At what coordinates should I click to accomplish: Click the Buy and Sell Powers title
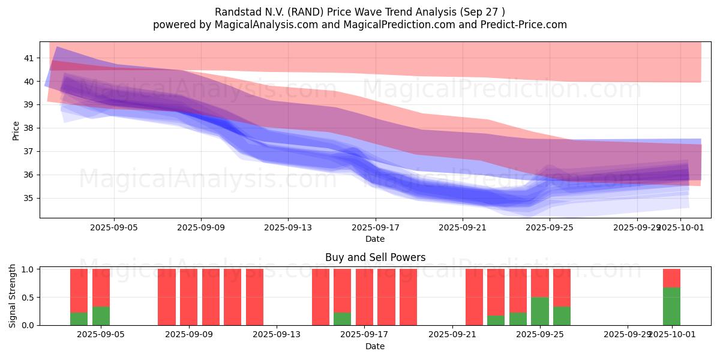375,257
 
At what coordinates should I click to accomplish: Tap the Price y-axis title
16,130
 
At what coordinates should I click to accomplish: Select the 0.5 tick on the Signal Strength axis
26,297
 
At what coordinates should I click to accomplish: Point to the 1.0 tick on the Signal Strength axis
26,269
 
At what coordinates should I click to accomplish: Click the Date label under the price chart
375,239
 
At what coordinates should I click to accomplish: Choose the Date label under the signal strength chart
375,346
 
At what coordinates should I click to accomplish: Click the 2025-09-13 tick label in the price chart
288,227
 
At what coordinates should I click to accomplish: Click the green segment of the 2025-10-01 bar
671,307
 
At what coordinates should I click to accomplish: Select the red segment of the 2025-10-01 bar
671,278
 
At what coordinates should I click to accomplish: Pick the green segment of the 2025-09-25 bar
540,311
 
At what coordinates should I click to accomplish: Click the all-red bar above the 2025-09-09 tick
189,297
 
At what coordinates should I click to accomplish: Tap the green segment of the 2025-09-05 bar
101,316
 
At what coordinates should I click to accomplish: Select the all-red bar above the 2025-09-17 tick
364,297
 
